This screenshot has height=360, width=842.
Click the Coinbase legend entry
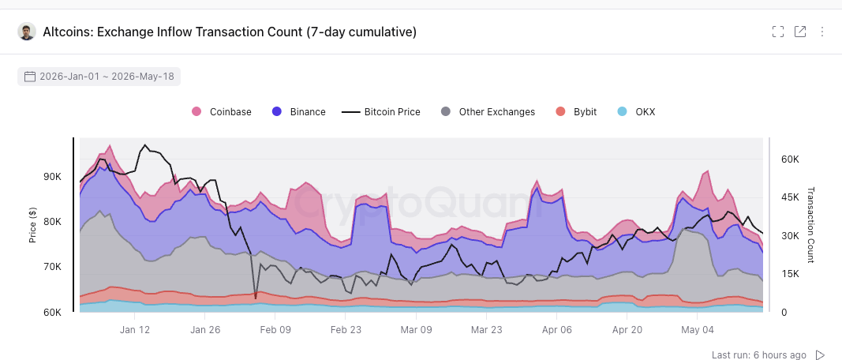[222, 112]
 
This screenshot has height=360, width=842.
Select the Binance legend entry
[298, 112]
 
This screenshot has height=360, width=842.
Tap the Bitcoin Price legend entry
[380, 112]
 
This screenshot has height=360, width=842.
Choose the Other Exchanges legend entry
[488, 112]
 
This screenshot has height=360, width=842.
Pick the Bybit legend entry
[576, 112]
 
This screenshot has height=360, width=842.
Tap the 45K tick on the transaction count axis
[790, 197]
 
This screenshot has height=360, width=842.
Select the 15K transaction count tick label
[790, 274]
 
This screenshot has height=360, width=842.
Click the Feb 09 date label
[275, 329]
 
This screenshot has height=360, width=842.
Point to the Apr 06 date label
[557, 329]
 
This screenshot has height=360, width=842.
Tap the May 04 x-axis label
[698, 329]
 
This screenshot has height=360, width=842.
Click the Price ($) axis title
[33, 224]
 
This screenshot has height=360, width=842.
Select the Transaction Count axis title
[811, 224]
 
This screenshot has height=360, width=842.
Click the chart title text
[230, 32]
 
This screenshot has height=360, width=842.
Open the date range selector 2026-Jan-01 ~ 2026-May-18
[99, 77]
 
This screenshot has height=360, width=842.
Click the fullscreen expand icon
[778, 32]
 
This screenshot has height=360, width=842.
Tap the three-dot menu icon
[822, 32]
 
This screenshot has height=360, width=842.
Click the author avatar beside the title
[27, 32]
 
